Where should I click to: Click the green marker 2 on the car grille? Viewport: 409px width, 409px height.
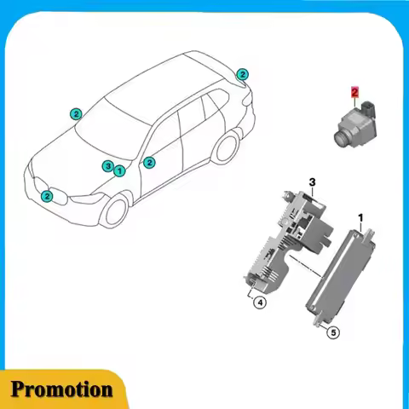47,196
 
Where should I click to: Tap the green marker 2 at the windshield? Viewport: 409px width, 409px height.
76,113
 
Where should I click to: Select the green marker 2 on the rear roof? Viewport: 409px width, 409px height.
242,74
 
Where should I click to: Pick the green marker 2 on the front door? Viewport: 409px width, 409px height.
149,162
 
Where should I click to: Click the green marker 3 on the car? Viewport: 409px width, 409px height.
107,165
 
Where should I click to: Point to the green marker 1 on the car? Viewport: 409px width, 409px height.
119,170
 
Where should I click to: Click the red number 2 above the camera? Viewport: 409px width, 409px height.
354,89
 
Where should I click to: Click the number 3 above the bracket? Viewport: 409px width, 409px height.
312,182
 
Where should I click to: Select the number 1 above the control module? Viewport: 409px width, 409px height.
360,217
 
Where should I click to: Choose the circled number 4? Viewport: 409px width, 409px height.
259,300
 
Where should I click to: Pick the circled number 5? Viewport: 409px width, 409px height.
333,332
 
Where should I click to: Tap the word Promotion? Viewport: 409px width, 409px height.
61,389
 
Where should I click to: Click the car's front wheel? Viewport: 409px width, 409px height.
113,210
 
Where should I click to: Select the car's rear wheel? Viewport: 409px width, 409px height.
225,147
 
